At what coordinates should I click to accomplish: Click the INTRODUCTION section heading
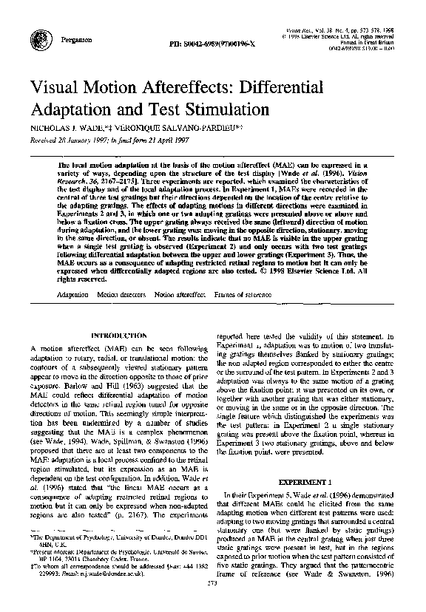[115, 335]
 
